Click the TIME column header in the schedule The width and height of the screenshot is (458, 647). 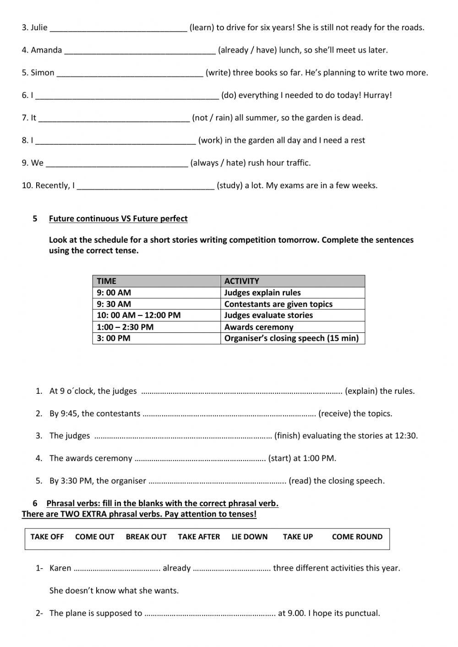point(107,281)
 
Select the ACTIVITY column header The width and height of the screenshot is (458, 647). point(241,281)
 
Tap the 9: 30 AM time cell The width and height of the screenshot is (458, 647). point(114,304)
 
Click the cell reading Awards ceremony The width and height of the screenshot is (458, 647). point(259,327)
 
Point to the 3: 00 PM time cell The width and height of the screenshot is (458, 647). point(114,338)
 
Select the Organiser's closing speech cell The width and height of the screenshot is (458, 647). point(291,338)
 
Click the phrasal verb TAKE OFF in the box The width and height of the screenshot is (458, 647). point(47,537)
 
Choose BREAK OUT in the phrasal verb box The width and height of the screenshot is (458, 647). point(146,537)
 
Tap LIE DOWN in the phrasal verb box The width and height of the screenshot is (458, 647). point(250,537)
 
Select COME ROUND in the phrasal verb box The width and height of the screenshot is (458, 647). point(357,537)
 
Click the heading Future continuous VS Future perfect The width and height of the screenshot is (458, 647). point(118,219)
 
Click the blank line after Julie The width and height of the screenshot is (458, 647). point(118,28)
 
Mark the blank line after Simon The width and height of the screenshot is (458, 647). point(130,74)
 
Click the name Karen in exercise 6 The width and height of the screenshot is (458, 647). point(60,568)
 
